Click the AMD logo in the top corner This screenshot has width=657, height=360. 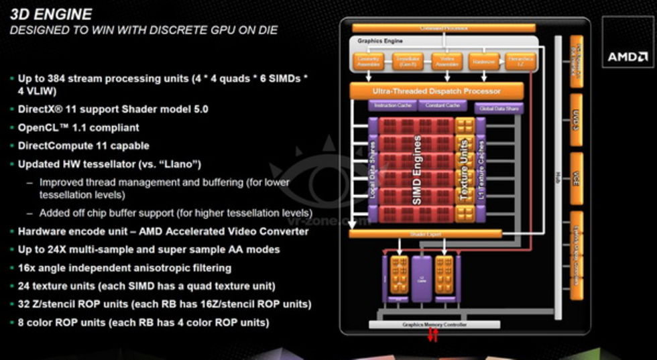coord(628,56)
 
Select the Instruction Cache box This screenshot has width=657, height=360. coord(392,106)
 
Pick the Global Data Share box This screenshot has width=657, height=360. coord(499,108)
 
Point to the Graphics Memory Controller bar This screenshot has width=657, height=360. coord(435,325)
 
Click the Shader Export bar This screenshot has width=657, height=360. coord(426,233)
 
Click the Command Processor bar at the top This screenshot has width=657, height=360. coord(443,28)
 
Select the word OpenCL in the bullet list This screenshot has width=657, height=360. coord(36,127)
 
